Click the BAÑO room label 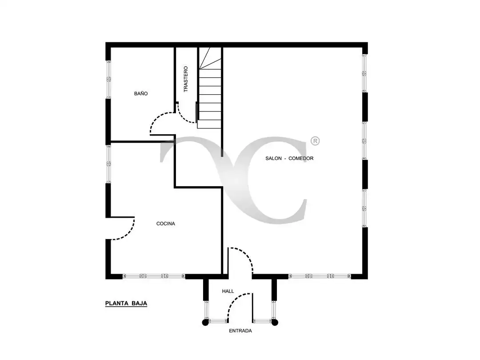(x=141, y=93)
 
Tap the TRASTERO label (x=185, y=79)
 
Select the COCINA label (x=166, y=224)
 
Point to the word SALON (x=273, y=158)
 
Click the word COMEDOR (x=301, y=158)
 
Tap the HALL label (x=228, y=291)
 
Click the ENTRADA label (x=240, y=331)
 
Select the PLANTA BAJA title (x=126, y=304)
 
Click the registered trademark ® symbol (x=315, y=141)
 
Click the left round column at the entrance (x=205, y=322)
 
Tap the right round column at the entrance (x=275, y=322)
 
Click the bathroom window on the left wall (x=108, y=79)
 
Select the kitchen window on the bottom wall (x=154, y=276)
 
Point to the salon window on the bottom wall (x=320, y=276)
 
